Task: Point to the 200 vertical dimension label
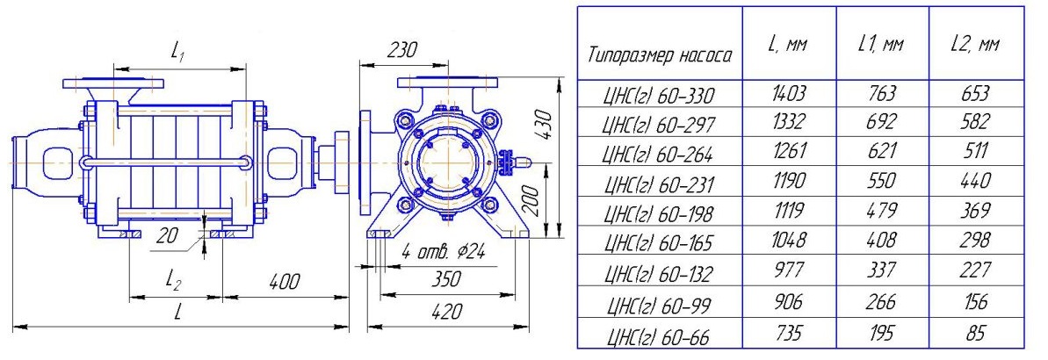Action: coord(532,199)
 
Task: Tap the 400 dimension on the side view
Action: coord(284,280)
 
